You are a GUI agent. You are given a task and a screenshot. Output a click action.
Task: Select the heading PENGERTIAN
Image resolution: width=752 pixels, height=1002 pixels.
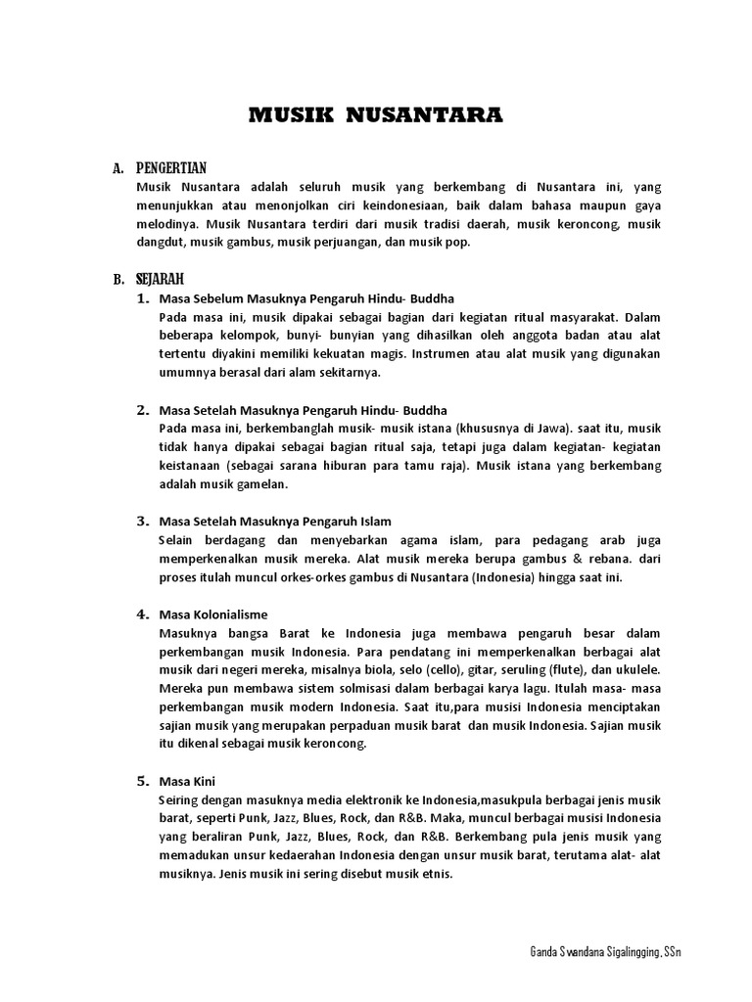(171, 168)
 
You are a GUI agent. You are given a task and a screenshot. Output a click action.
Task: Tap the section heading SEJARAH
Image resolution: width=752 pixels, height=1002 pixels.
(161, 279)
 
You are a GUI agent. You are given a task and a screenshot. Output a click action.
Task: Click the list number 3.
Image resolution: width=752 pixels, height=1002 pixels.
(142, 521)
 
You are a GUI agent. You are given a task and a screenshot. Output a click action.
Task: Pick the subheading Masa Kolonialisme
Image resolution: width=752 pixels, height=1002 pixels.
(212, 615)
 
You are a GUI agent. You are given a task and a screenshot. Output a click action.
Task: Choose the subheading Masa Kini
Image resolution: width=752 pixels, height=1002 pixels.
(187, 782)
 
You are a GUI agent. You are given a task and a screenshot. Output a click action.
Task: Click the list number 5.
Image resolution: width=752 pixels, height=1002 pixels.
(142, 781)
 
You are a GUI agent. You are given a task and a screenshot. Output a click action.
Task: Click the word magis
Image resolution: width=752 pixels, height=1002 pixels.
(385, 353)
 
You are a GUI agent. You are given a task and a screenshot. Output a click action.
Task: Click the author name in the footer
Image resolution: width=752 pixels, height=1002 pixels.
(604, 952)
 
